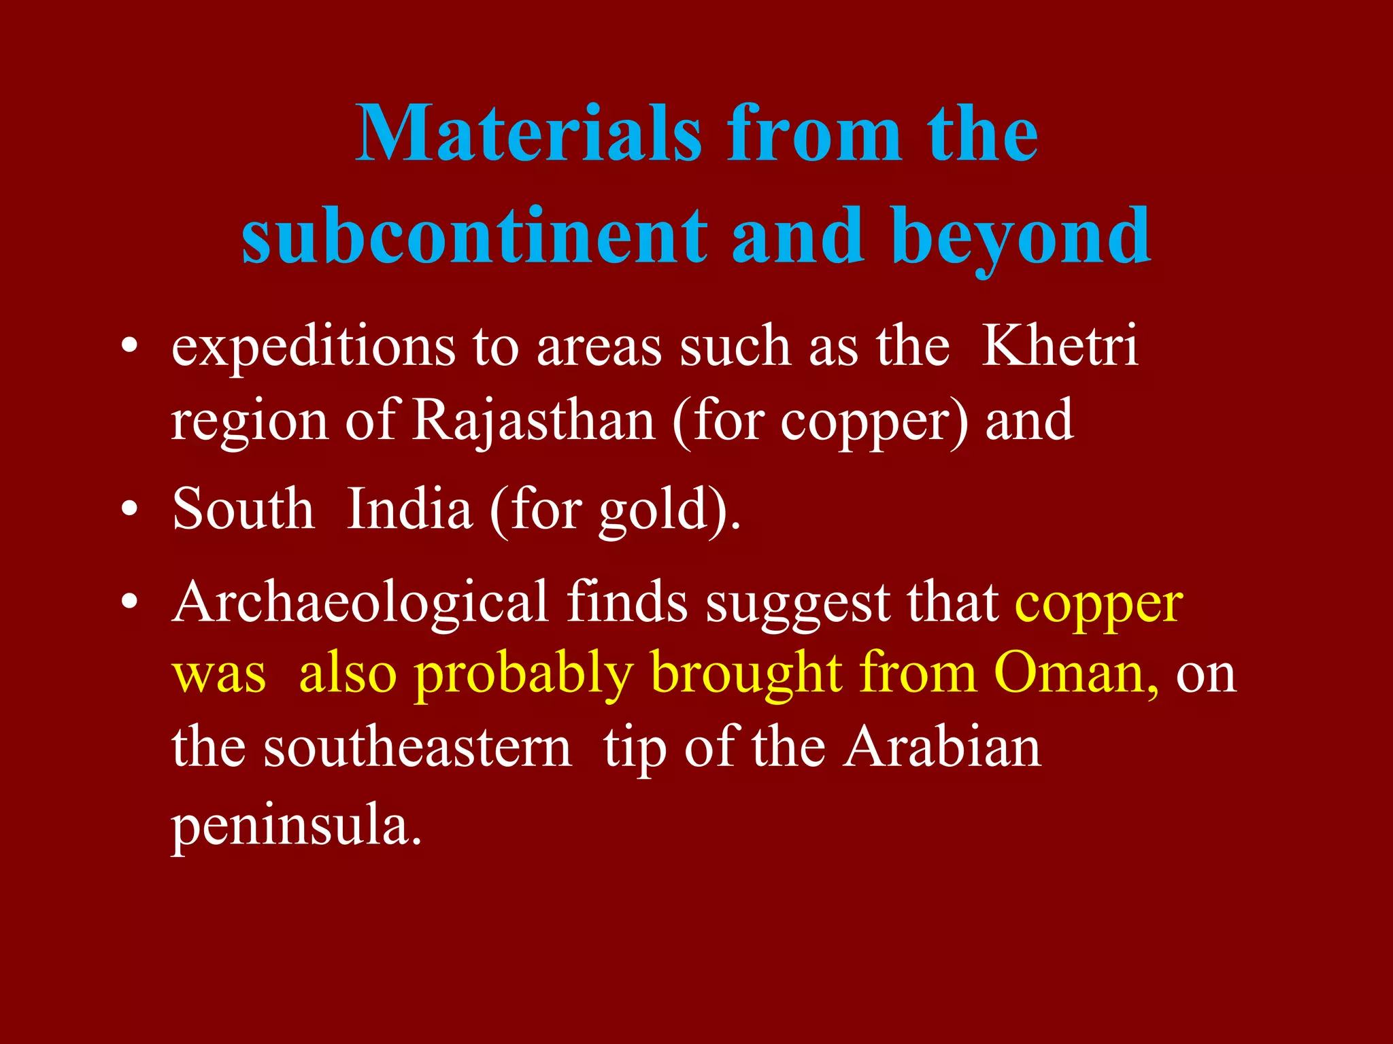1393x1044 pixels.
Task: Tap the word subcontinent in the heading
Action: pyautogui.click(x=475, y=236)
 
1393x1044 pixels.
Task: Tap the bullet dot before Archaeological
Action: pyautogui.click(x=129, y=602)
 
